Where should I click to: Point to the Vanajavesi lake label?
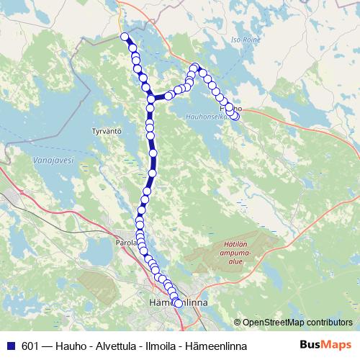(53, 162)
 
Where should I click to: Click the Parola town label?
(125, 244)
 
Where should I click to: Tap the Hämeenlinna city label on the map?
(177, 303)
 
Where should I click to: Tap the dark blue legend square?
(12, 346)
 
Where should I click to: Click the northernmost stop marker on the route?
(125, 37)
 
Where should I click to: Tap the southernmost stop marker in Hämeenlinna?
(178, 304)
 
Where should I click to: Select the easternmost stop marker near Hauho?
(235, 116)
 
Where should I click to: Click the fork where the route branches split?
(150, 98)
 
